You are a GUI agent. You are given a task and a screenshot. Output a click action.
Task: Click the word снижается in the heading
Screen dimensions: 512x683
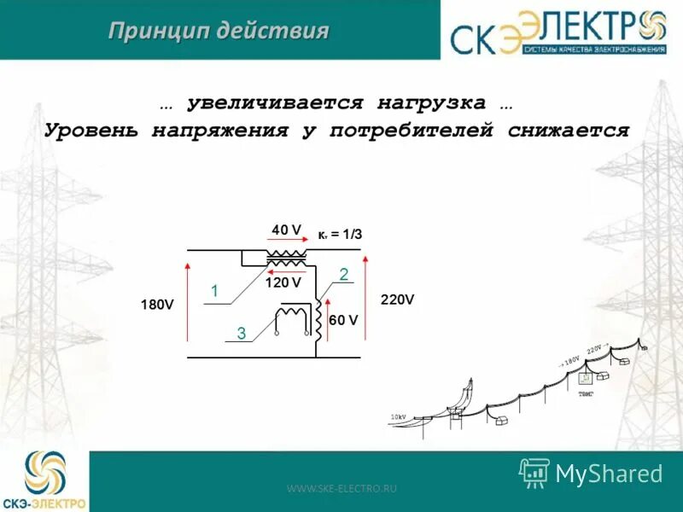click(x=568, y=131)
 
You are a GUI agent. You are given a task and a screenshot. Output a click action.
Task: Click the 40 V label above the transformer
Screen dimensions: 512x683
click(x=286, y=230)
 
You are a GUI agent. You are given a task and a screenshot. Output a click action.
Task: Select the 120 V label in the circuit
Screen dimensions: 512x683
click(x=283, y=282)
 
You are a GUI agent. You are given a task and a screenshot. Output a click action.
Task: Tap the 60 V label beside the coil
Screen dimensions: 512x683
click(x=343, y=320)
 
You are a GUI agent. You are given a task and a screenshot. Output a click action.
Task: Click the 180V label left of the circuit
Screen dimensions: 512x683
click(x=157, y=305)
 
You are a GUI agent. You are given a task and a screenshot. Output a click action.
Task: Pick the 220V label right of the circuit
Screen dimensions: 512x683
click(x=397, y=300)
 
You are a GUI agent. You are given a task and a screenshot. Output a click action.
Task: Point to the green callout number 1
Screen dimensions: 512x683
click(x=215, y=292)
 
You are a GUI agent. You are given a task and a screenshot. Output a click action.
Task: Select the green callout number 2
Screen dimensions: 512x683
click(x=343, y=274)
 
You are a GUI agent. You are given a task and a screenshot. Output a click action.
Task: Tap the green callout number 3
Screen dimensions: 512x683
click(x=242, y=335)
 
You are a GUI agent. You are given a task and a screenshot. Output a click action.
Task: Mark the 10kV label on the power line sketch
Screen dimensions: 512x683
click(x=398, y=416)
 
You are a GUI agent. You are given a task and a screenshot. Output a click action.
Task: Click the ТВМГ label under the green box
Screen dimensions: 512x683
click(x=586, y=393)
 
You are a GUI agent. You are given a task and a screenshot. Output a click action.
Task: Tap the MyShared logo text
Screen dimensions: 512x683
click(x=609, y=473)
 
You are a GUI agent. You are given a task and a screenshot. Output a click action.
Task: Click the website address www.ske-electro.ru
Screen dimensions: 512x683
click(x=342, y=488)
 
